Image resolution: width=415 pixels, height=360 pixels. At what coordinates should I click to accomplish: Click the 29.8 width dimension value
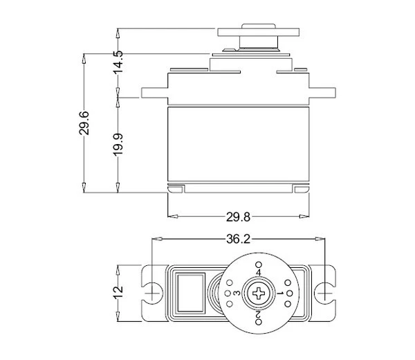point(238,217)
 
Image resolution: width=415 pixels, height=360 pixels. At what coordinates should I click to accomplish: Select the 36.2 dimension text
point(238,240)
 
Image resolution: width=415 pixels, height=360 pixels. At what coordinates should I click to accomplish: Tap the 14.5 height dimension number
point(118,62)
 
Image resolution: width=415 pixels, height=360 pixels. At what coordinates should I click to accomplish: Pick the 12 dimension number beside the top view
point(118,293)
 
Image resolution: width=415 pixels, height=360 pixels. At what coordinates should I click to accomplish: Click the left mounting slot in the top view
point(151,294)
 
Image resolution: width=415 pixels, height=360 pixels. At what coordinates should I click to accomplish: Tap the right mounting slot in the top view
point(323,294)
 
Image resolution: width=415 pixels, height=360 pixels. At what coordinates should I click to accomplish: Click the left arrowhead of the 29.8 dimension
point(171,217)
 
